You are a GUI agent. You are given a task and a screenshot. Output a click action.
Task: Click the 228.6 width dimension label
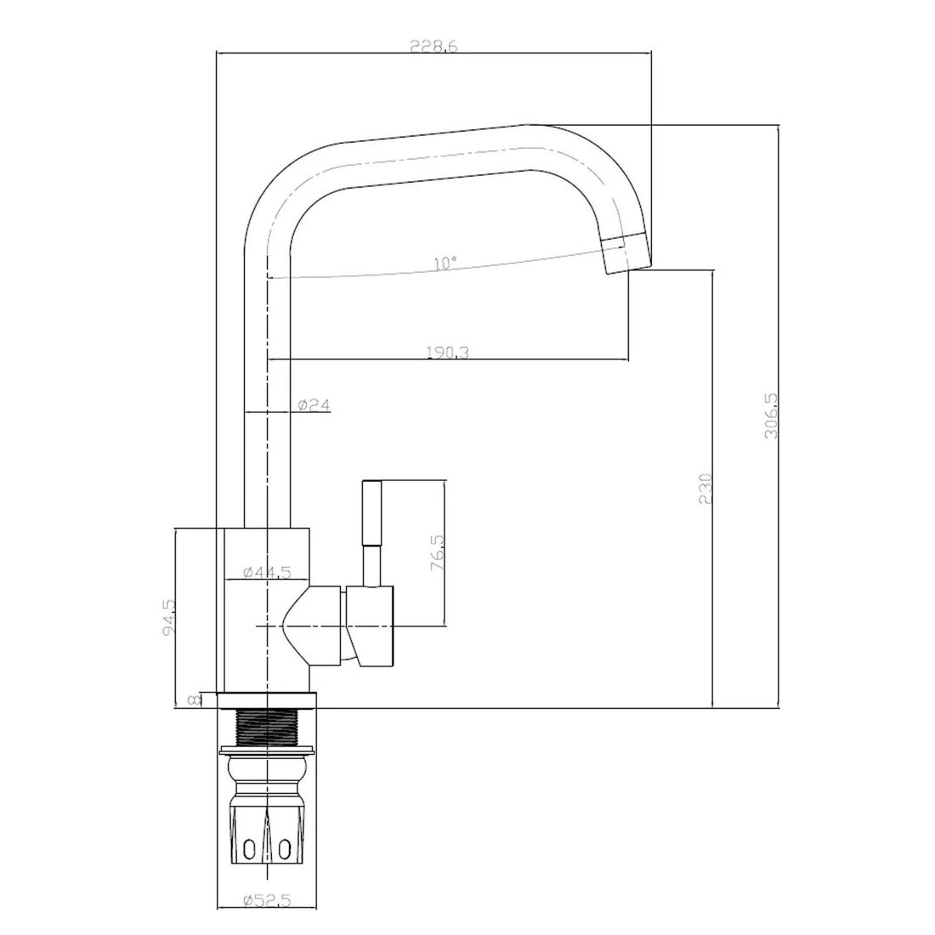point(434,48)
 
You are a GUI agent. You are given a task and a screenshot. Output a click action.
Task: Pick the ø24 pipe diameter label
point(314,405)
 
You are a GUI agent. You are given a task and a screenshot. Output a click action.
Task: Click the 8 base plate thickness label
point(195,699)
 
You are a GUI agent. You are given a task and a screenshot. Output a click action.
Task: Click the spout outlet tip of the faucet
point(625,252)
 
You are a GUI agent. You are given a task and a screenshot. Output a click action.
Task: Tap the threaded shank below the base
point(268,727)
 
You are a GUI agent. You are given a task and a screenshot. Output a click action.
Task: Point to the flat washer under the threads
point(269,751)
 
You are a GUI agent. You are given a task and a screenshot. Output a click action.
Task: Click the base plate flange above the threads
point(265,700)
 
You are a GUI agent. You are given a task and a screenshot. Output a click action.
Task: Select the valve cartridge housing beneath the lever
point(369,625)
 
